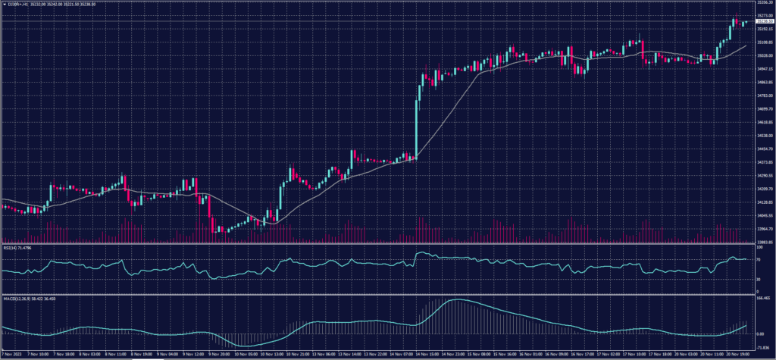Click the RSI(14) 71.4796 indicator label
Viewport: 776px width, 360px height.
(18, 247)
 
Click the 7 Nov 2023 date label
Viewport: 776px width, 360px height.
(13, 354)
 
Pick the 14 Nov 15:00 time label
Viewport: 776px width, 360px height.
(430, 354)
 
